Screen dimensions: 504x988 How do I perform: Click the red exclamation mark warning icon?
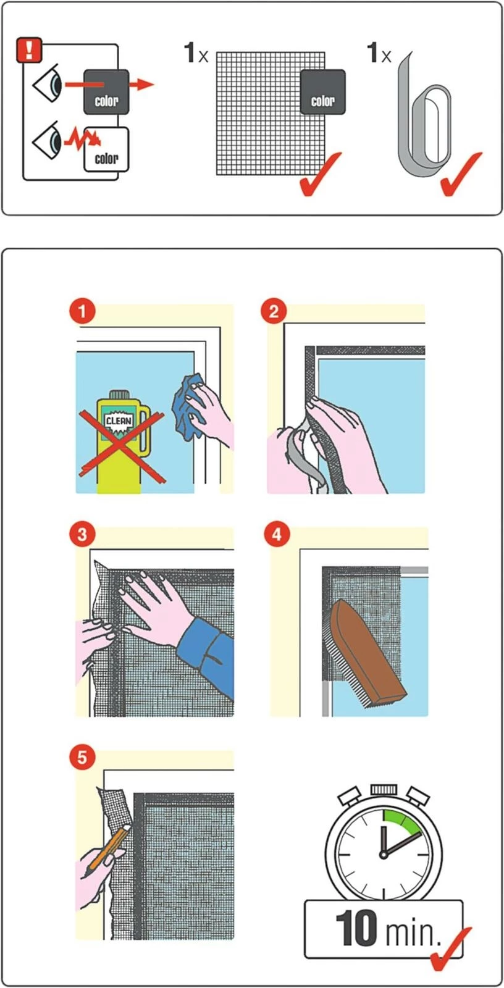click(28, 50)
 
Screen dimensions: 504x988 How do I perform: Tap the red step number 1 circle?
click(82, 311)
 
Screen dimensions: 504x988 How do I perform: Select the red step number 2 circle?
click(274, 311)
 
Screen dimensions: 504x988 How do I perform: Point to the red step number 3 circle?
click(82, 535)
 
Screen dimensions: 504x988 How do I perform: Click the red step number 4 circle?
click(277, 535)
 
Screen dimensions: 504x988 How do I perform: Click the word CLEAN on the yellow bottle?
click(119, 421)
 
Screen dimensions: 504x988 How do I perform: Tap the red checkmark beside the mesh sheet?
click(320, 174)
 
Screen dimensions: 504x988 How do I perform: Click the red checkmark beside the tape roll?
click(461, 174)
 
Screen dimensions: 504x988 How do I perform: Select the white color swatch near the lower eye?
click(106, 150)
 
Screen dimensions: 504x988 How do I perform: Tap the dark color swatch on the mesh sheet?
click(322, 92)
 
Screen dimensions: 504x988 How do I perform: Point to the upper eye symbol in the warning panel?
click(47, 83)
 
